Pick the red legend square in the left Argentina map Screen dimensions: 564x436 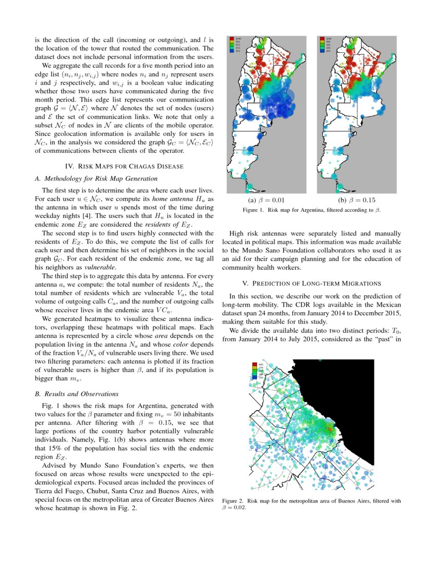pos(232,38)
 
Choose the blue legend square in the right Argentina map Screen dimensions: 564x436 pos(322,51)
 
